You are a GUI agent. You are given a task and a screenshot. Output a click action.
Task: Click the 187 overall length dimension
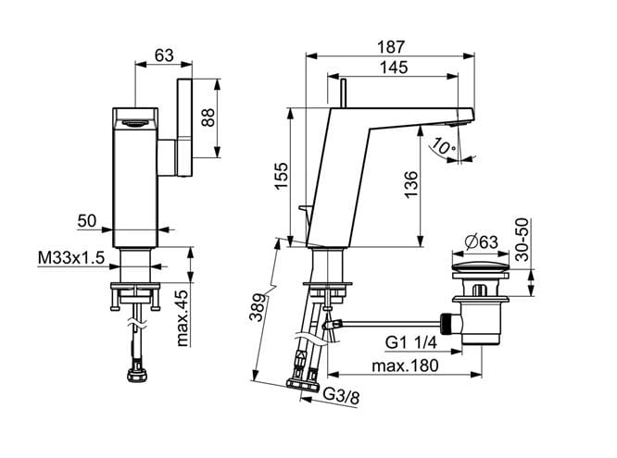pos(391,47)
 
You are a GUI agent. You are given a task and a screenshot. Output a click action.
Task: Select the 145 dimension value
pos(394,68)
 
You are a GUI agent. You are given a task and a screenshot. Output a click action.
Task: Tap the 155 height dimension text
pos(282,176)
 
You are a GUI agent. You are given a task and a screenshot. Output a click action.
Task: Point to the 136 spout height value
pos(410,184)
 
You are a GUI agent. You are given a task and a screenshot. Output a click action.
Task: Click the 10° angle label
pos(443,146)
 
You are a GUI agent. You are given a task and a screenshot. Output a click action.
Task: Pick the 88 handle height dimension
pos(208,118)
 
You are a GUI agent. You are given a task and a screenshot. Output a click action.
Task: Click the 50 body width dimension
pos(87,221)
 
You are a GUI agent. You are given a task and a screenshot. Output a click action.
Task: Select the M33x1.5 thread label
pos(71,258)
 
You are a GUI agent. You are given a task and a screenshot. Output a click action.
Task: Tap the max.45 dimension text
pos(182,318)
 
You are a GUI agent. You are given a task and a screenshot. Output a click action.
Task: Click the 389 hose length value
pos(258,307)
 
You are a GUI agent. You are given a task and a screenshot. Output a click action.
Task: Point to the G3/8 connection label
pos(342,396)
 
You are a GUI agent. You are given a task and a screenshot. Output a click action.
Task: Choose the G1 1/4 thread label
pos(410,343)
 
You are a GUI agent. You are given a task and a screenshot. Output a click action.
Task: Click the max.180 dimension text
pos(405,366)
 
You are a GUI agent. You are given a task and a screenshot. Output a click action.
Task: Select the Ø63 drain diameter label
pos(481,241)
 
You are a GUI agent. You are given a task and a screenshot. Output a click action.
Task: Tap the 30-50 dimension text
pos(523,240)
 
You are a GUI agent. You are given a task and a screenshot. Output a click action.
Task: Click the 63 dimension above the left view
pos(164,56)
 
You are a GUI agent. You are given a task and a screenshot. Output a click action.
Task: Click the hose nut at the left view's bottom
pos(137,375)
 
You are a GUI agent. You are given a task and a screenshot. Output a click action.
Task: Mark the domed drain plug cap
pos(481,267)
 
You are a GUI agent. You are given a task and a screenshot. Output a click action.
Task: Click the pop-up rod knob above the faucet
pos(344,93)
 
